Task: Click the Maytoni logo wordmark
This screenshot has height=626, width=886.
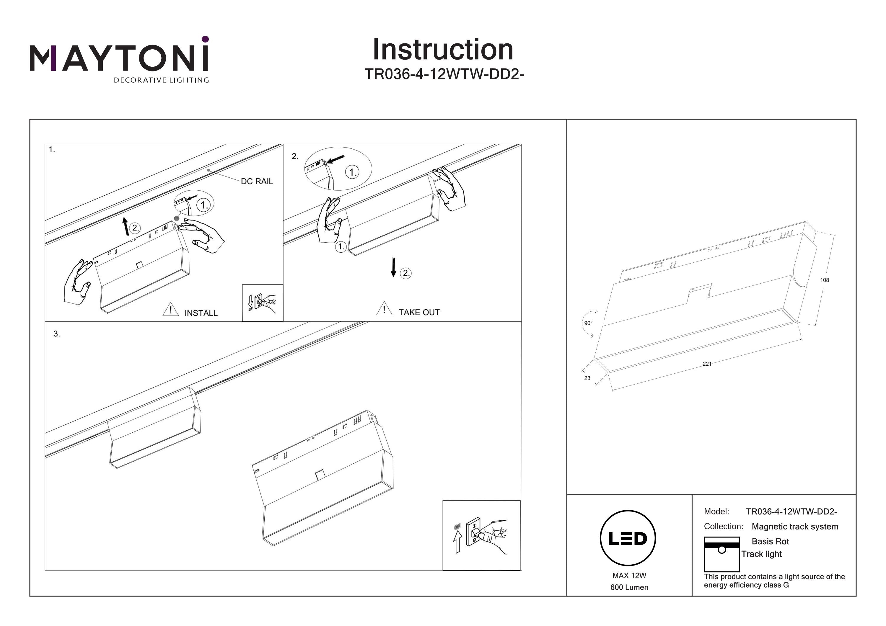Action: point(119,58)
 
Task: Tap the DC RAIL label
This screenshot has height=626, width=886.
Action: point(257,181)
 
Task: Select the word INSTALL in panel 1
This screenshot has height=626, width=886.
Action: point(201,313)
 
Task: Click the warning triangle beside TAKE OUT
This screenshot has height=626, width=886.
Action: point(384,309)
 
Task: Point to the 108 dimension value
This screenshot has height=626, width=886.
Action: point(824,280)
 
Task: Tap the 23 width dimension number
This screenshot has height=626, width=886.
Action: point(587,378)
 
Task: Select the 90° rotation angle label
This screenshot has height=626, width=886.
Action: point(588,323)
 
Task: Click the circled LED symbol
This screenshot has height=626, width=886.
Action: point(628,538)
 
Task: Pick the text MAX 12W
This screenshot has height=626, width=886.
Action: point(629,576)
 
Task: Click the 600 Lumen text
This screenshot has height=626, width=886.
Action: point(629,587)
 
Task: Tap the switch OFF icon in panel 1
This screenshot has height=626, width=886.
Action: point(263,303)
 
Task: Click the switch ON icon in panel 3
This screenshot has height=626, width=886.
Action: point(481,535)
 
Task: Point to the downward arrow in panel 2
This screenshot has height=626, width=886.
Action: point(393,267)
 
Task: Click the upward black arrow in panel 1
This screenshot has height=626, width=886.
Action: point(126,226)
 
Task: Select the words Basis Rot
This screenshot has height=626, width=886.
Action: point(770,541)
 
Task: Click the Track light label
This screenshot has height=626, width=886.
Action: point(761,554)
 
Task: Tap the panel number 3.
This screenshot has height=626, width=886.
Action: point(57,334)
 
